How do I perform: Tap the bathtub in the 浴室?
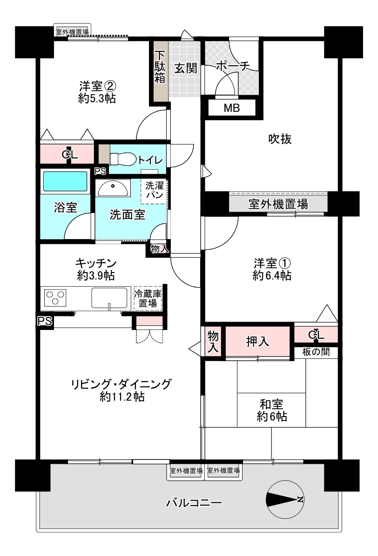tap(65, 181)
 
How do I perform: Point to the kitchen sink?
tap(109, 297)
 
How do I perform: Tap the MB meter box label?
tap(231, 109)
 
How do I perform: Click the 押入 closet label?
tap(257, 342)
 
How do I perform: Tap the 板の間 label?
tap(316, 352)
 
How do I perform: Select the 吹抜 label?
tap(280, 139)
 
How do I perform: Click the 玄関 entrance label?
tap(186, 69)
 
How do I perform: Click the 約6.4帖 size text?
tap(272, 276)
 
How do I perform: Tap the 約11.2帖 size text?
tap(121, 397)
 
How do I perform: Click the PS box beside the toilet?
tap(100, 171)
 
